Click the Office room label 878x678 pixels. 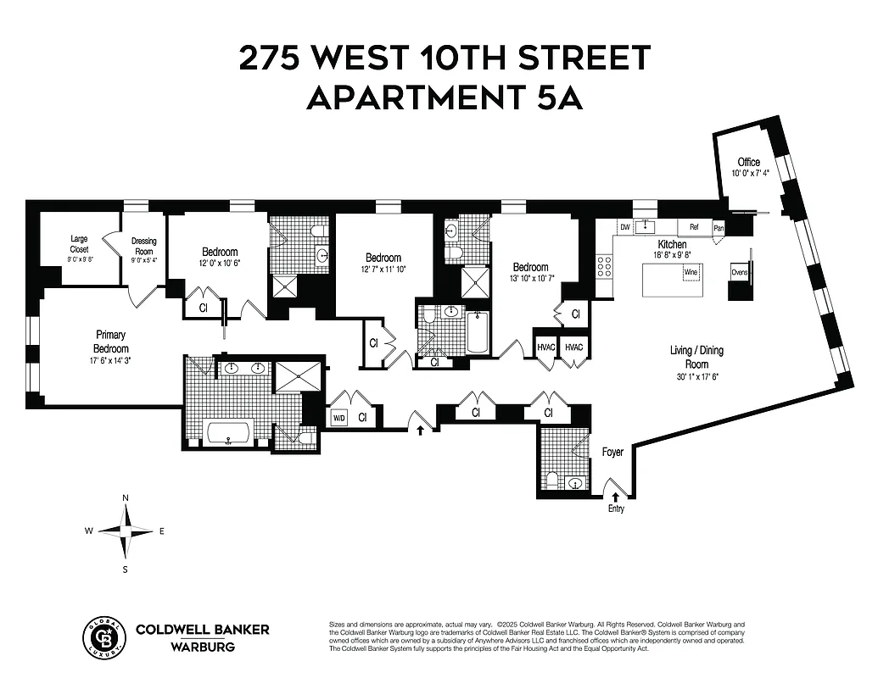click(x=748, y=162)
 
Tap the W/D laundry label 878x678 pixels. click(x=338, y=417)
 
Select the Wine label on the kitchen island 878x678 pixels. click(x=692, y=273)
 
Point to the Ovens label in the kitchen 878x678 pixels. click(x=739, y=273)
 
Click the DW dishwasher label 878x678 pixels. click(x=624, y=227)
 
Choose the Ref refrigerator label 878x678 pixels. click(x=694, y=227)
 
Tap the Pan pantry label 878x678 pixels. click(x=719, y=228)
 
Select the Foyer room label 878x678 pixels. click(x=612, y=452)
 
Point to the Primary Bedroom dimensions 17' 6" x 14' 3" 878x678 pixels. click(x=111, y=360)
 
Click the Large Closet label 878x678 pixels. click(x=79, y=244)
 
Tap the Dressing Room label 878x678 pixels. click(x=144, y=246)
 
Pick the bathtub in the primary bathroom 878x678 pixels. click(x=228, y=433)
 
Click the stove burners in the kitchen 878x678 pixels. click(x=606, y=267)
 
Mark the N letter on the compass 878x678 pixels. click(x=126, y=497)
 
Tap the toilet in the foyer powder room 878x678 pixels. click(x=552, y=480)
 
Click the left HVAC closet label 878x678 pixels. click(x=544, y=347)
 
